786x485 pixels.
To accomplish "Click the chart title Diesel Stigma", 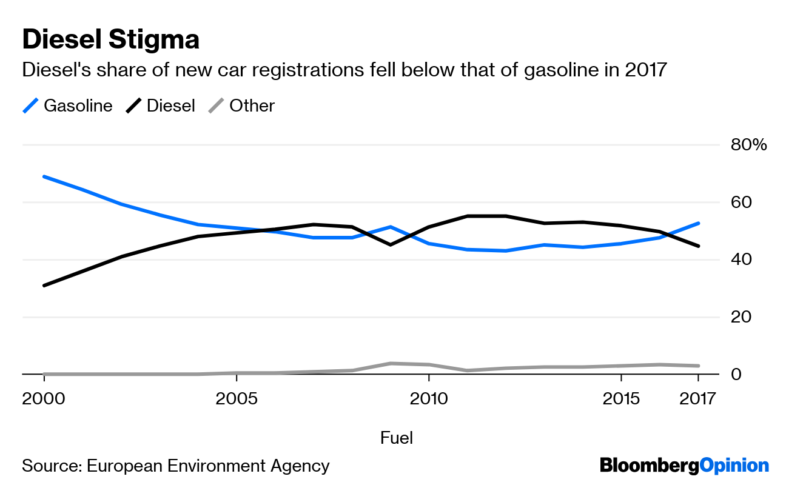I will tap(110, 40).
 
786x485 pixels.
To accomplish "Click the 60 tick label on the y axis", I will tap(739, 202).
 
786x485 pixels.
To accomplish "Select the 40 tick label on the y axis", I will tap(739, 259).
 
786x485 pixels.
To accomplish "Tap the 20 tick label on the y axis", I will tap(739, 317).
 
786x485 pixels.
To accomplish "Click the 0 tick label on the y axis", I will tap(735, 374).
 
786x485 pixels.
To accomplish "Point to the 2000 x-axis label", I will tap(44, 399).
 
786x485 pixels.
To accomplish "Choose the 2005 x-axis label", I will tap(237, 399).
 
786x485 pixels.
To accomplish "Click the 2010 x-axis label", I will tap(429, 399).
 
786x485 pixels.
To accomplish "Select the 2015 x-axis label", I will tap(621, 399).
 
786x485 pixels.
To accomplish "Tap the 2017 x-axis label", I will tap(698, 399).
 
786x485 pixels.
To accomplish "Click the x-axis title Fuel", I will tap(396, 438).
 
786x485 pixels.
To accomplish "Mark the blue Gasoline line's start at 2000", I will tap(44, 176).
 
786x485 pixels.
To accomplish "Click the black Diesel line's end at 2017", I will tap(698, 246).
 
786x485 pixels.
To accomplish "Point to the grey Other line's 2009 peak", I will tap(391, 363).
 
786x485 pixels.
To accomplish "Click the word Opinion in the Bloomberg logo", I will tap(734, 466).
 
